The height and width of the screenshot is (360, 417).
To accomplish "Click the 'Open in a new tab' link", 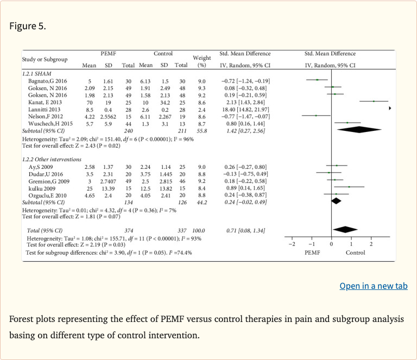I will point(373,286).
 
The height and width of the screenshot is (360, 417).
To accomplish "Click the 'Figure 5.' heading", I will point(28,26).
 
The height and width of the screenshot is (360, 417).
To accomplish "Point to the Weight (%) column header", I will point(201,61).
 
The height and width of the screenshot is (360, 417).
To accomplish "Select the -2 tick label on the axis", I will point(291,244).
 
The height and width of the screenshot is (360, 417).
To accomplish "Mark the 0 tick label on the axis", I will point(331,244).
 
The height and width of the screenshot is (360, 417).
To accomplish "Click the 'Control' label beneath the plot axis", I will point(356,252).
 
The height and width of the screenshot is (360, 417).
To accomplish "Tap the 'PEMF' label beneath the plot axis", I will point(311,252).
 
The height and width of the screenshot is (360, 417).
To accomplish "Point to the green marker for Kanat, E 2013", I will point(374,102).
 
